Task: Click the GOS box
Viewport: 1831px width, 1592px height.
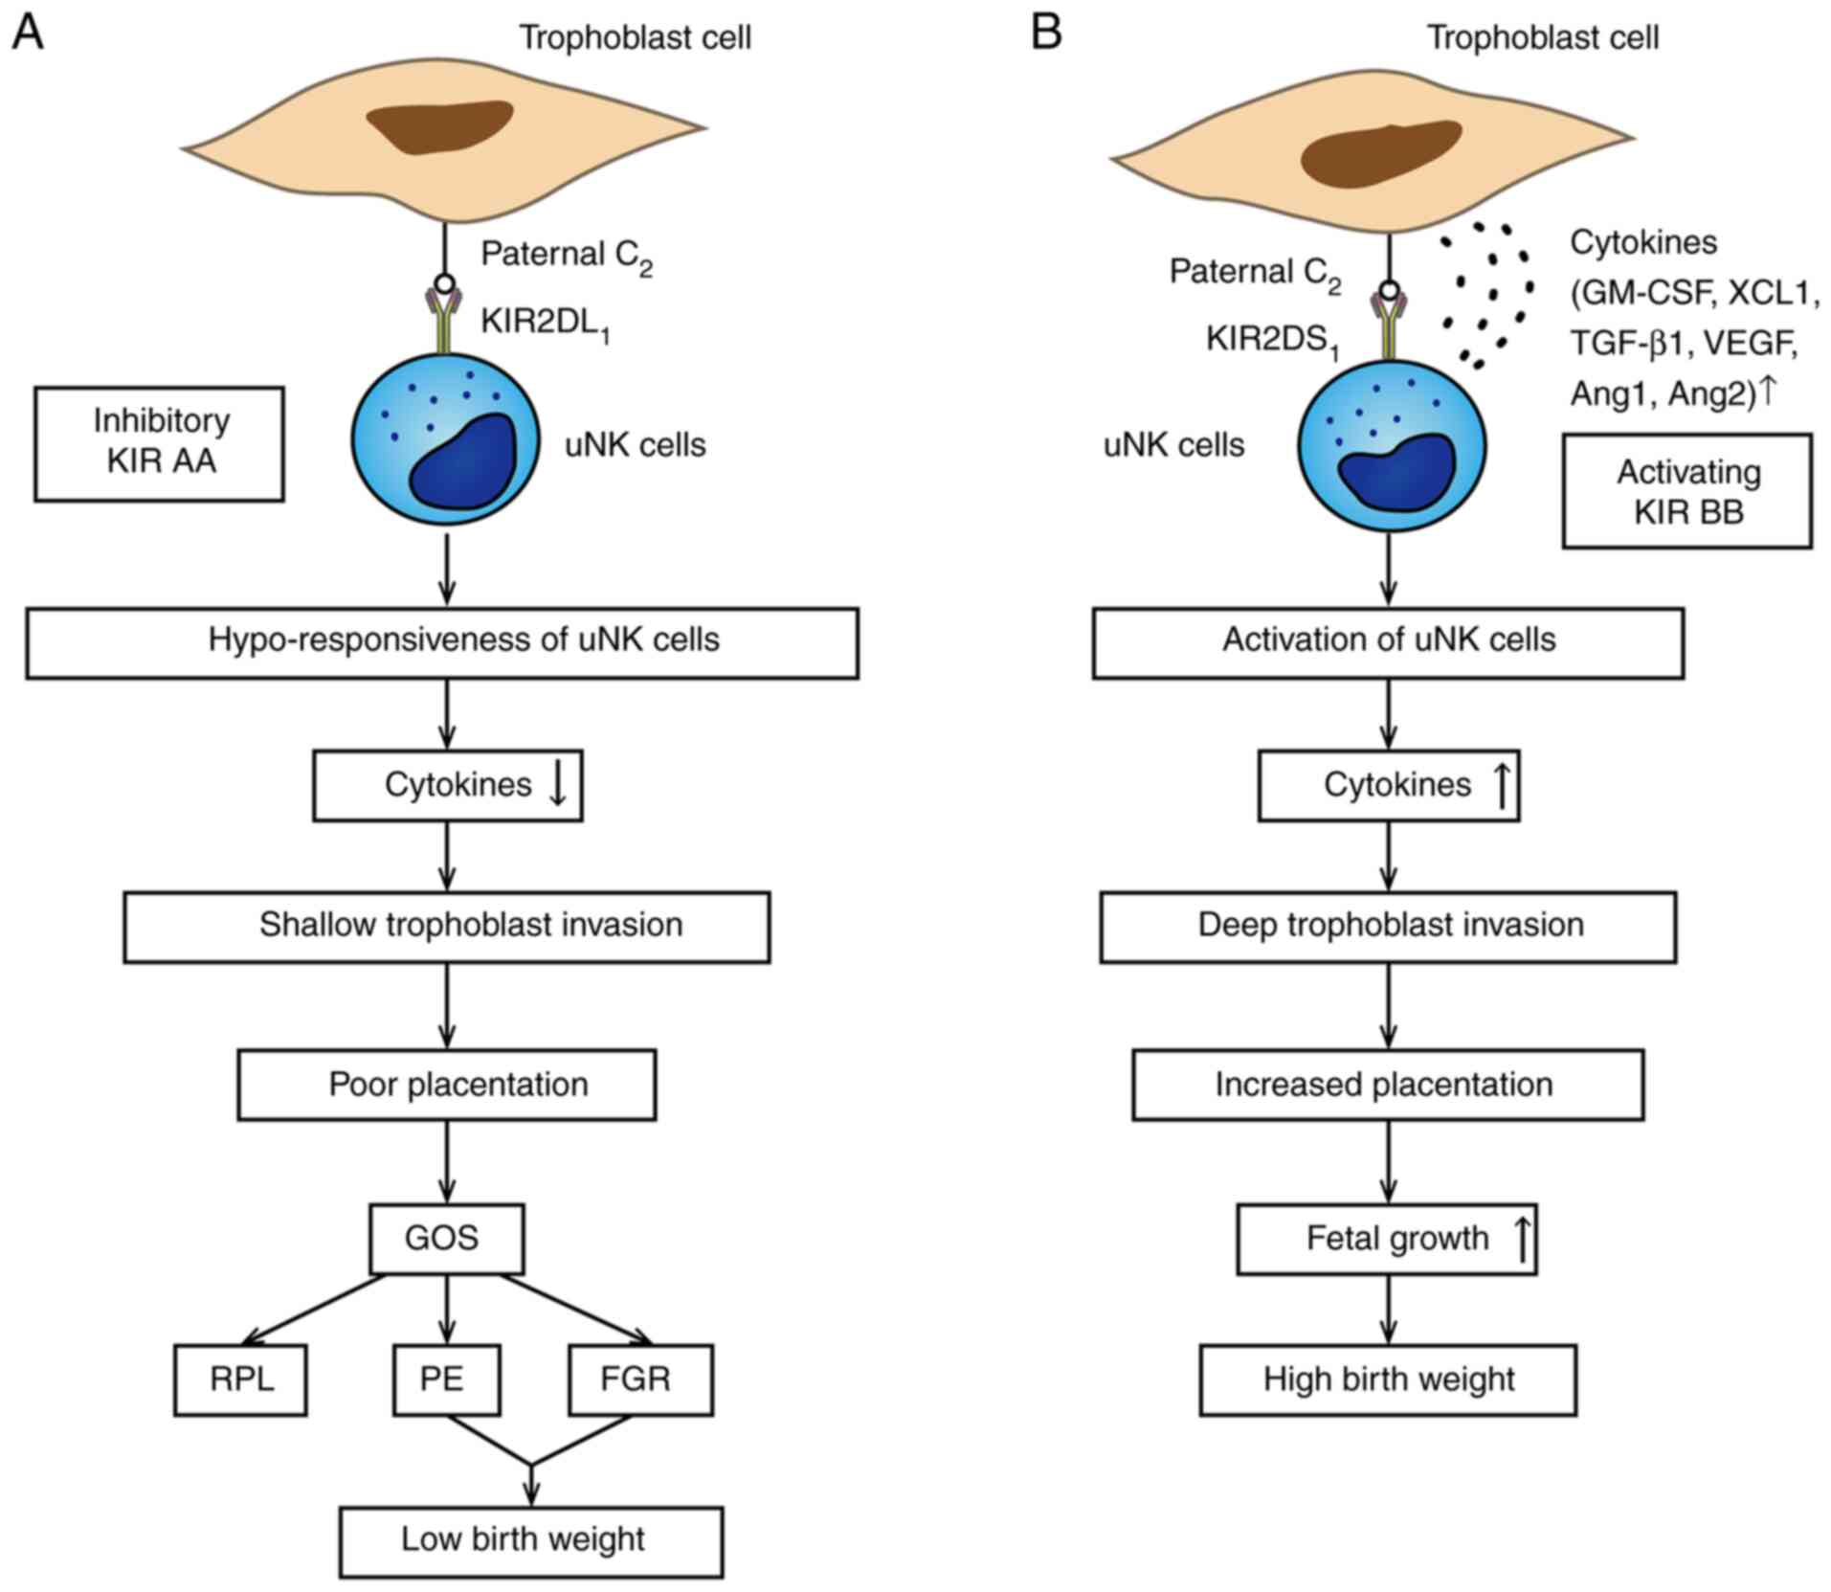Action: point(446,1239)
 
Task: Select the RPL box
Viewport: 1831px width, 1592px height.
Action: point(240,1379)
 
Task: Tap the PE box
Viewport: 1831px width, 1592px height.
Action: point(446,1379)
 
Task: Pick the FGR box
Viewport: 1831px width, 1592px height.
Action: point(640,1379)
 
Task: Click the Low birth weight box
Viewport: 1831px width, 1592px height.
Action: point(531,1540)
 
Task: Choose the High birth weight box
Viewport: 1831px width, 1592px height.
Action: point(1388,1379)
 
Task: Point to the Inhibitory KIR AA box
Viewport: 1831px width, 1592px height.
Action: point(160,443)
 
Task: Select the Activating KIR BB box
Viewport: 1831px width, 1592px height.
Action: point(1687,491)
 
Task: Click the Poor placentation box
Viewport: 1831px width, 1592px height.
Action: point(447,1085)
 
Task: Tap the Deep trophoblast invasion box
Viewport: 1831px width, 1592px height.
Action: point(1388,926)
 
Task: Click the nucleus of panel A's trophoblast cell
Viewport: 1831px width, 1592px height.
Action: point(440,126)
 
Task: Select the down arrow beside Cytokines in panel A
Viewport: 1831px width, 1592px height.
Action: point(558,784)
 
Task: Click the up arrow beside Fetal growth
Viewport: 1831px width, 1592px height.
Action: point(1522,1238)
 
